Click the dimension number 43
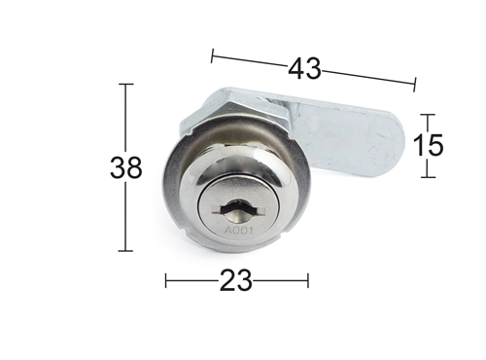[x=305, y=69]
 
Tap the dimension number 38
[x=126, y=167]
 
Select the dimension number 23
[x=236, y=280]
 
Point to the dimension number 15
[x=428, y=145]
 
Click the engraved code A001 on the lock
[x=239, y=231]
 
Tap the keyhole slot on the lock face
[x=239, y=209]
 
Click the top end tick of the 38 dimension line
[x=126, y=84]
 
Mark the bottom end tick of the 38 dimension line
[x=125, y=251]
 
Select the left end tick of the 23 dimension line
[x=166, y=280]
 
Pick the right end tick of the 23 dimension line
[x=308, y=280]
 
